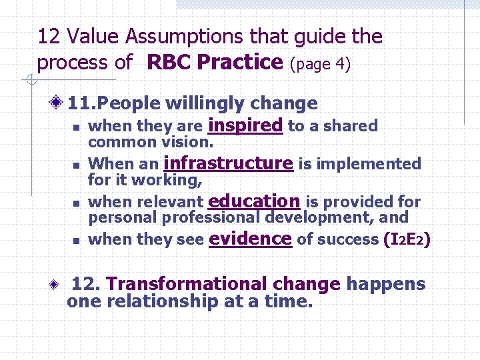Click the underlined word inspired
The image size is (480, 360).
point(245,125)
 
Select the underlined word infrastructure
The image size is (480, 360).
point(228,163)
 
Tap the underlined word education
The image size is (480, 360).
point(254,201)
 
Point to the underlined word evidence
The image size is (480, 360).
point(250,239)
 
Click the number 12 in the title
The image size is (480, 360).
point(48,37)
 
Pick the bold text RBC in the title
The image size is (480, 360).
point(169,63)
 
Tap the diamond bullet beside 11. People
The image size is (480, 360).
point(59,103)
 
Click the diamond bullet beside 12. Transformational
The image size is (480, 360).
point(59,284)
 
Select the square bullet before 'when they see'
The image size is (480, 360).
point(77,240)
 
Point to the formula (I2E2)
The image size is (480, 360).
point(407,239)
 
